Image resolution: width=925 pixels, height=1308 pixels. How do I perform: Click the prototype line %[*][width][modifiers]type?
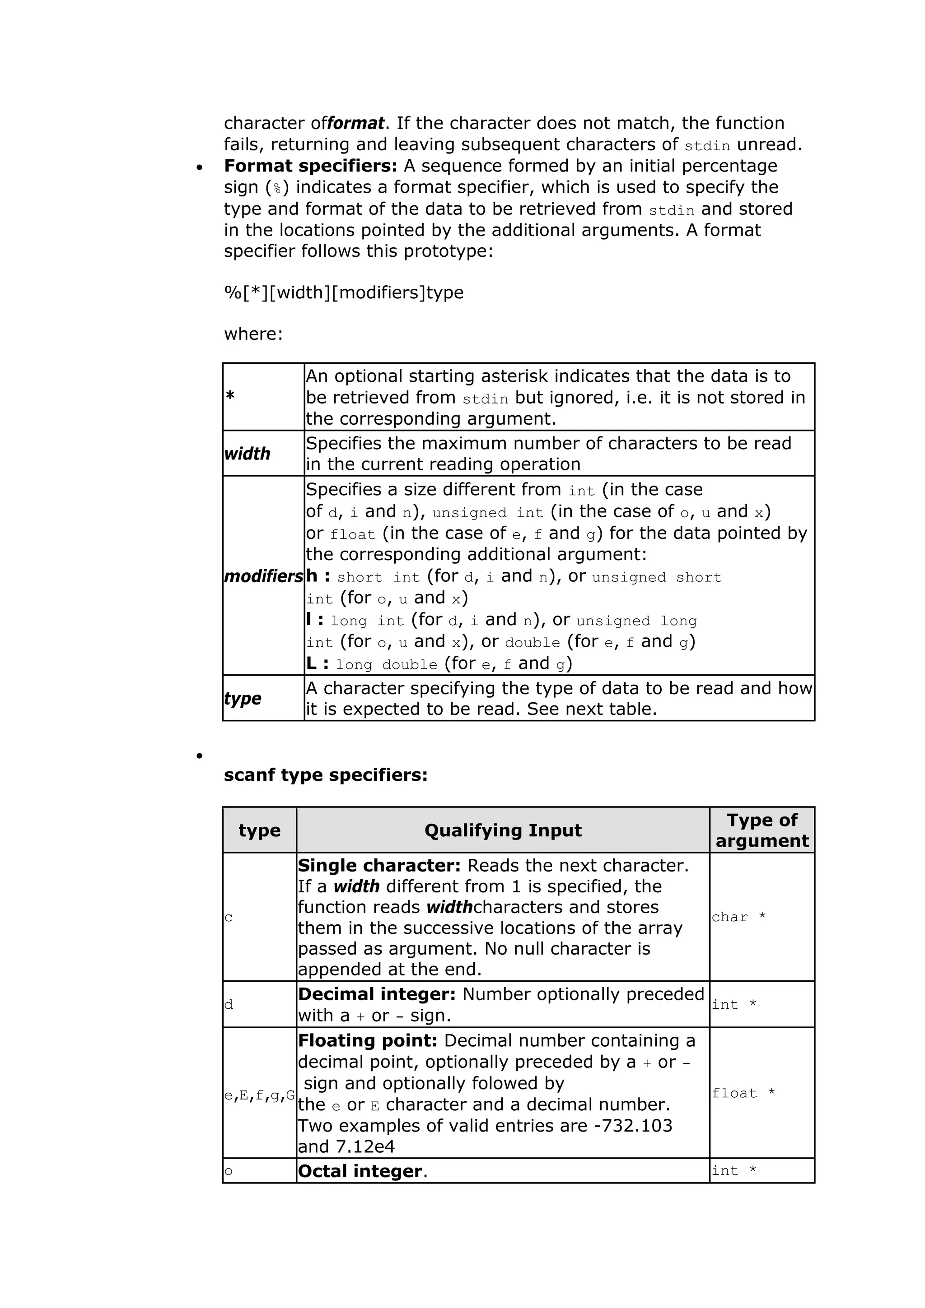click(344, 292)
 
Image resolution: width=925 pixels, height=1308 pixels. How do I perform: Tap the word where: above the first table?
click(253, 334)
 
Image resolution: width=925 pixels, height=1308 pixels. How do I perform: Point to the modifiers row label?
click(263, 576)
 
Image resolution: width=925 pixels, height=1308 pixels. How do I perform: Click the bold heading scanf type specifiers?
click(326, 775)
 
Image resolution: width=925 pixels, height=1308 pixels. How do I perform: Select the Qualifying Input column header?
click(503, 830)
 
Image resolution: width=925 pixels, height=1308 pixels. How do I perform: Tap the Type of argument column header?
click(761, 830)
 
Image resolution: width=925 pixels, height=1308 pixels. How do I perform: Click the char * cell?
click(738, 917)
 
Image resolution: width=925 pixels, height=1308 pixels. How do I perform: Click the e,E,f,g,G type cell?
click(259, 1095)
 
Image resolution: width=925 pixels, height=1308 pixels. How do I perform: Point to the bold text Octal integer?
click(360, 1171)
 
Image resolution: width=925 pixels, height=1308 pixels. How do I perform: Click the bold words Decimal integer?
click(377, 994)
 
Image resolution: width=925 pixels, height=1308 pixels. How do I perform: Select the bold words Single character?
click(379, 865)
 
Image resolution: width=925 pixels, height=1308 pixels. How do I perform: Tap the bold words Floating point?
click(368, 1040)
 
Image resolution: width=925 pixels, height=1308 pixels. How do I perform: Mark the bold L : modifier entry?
click(318, 663)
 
